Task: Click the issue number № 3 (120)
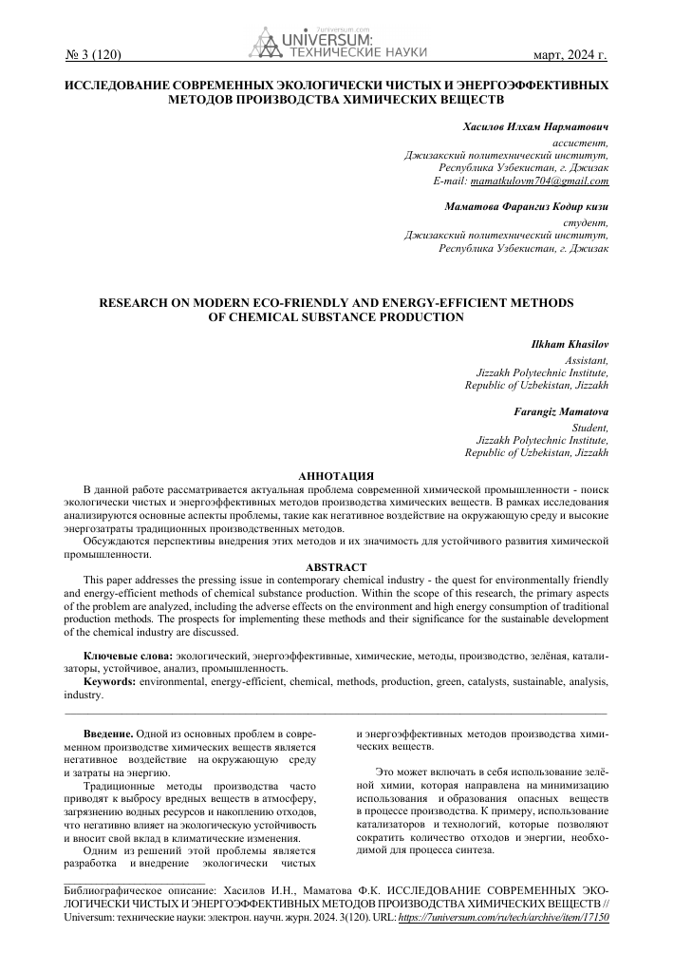[93, 56]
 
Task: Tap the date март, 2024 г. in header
[570, 56]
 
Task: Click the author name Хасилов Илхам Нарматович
[535, 126]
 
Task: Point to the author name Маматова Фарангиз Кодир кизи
[527, 205]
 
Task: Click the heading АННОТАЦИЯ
[335, 474]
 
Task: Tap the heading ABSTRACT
[335, 566]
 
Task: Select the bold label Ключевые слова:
[128, 657]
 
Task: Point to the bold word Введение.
[106, 734]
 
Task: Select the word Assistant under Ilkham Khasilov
[587, 360]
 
